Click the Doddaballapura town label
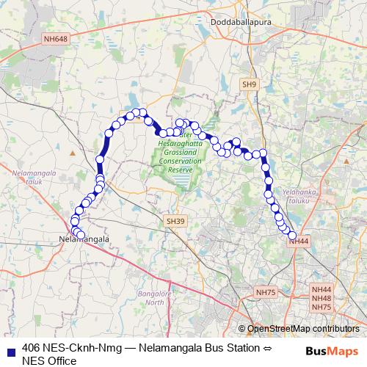pyautogui.click(x=222, y=23)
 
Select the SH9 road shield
pyautogui.click(x=250, y=84)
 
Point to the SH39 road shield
pyautogui.click(x=174, y=220)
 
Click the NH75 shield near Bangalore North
pyautogui.click(x=265, y=292)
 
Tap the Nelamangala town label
pyautogui.click(x=84, y=239)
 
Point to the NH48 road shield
pyautogui.click(x=321, y=298)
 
